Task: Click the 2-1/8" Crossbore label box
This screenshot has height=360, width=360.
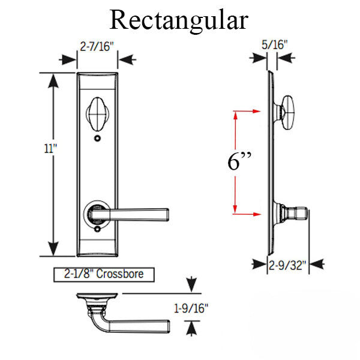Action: (103, 275)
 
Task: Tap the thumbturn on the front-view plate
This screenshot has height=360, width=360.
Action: (97, 113)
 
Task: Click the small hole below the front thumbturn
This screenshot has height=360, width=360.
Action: (97, 139)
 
